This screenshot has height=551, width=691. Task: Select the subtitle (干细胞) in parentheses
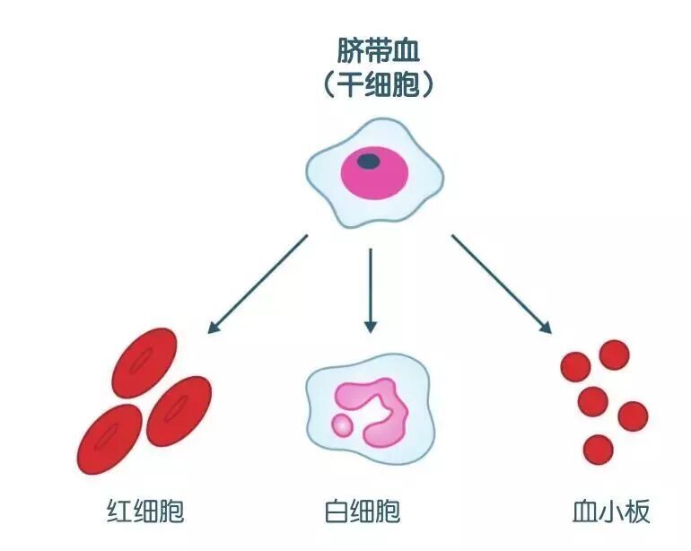pos(378,84)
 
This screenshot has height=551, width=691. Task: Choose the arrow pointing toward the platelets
pos(501,284)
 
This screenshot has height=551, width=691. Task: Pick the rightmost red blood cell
pos(179,408)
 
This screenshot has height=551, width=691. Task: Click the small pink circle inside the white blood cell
pos(342,424)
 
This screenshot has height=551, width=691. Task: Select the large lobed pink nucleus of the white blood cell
pos(377,409)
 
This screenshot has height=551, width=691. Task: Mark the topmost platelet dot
pos(614,355)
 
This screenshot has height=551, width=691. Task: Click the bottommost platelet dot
pos(598,447)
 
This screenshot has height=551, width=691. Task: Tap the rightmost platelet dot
pos(632,415)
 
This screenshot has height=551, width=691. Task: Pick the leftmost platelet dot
pos(575,366)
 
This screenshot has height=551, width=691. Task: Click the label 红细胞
pos(144,512)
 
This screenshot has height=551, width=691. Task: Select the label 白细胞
pos(362,512)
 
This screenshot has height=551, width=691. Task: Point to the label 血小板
pos(611,512)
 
